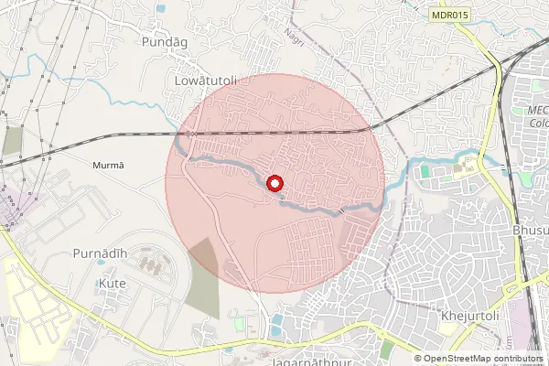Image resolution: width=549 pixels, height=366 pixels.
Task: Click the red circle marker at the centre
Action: tap(274, 183)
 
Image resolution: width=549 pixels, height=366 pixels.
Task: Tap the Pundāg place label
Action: tap(163, 42)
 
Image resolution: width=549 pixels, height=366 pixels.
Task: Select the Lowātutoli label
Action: tap(205, 81)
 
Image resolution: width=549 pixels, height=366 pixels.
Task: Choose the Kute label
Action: tap(111, 284)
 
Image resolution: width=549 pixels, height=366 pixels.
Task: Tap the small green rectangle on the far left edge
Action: tap(12, 140)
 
